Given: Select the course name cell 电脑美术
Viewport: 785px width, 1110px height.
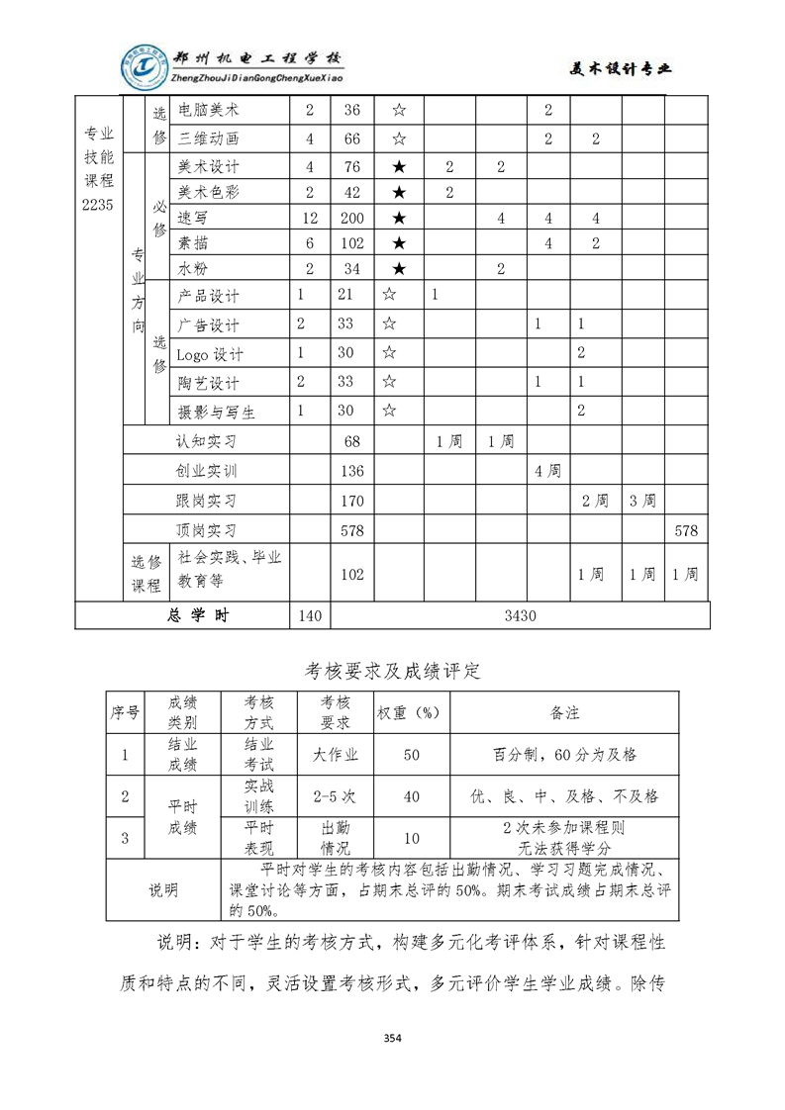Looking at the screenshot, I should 208,111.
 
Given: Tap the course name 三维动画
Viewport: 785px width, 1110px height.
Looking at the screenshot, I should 208,139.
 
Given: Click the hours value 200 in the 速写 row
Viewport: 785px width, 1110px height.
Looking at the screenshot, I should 351,218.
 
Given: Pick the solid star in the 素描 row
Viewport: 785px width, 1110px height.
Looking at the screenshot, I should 399,243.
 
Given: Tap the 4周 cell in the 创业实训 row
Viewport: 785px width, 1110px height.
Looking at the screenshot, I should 547,471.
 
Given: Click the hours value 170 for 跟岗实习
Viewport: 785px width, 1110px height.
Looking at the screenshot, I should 351,501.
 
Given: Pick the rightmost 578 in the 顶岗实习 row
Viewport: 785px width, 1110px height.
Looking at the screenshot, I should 686,530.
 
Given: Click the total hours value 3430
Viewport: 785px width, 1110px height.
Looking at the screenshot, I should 520,615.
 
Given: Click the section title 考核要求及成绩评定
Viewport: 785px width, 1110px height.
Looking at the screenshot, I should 392,670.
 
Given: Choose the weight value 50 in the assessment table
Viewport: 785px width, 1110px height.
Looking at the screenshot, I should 412,755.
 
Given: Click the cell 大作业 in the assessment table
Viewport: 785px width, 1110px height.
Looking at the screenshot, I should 336,755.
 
